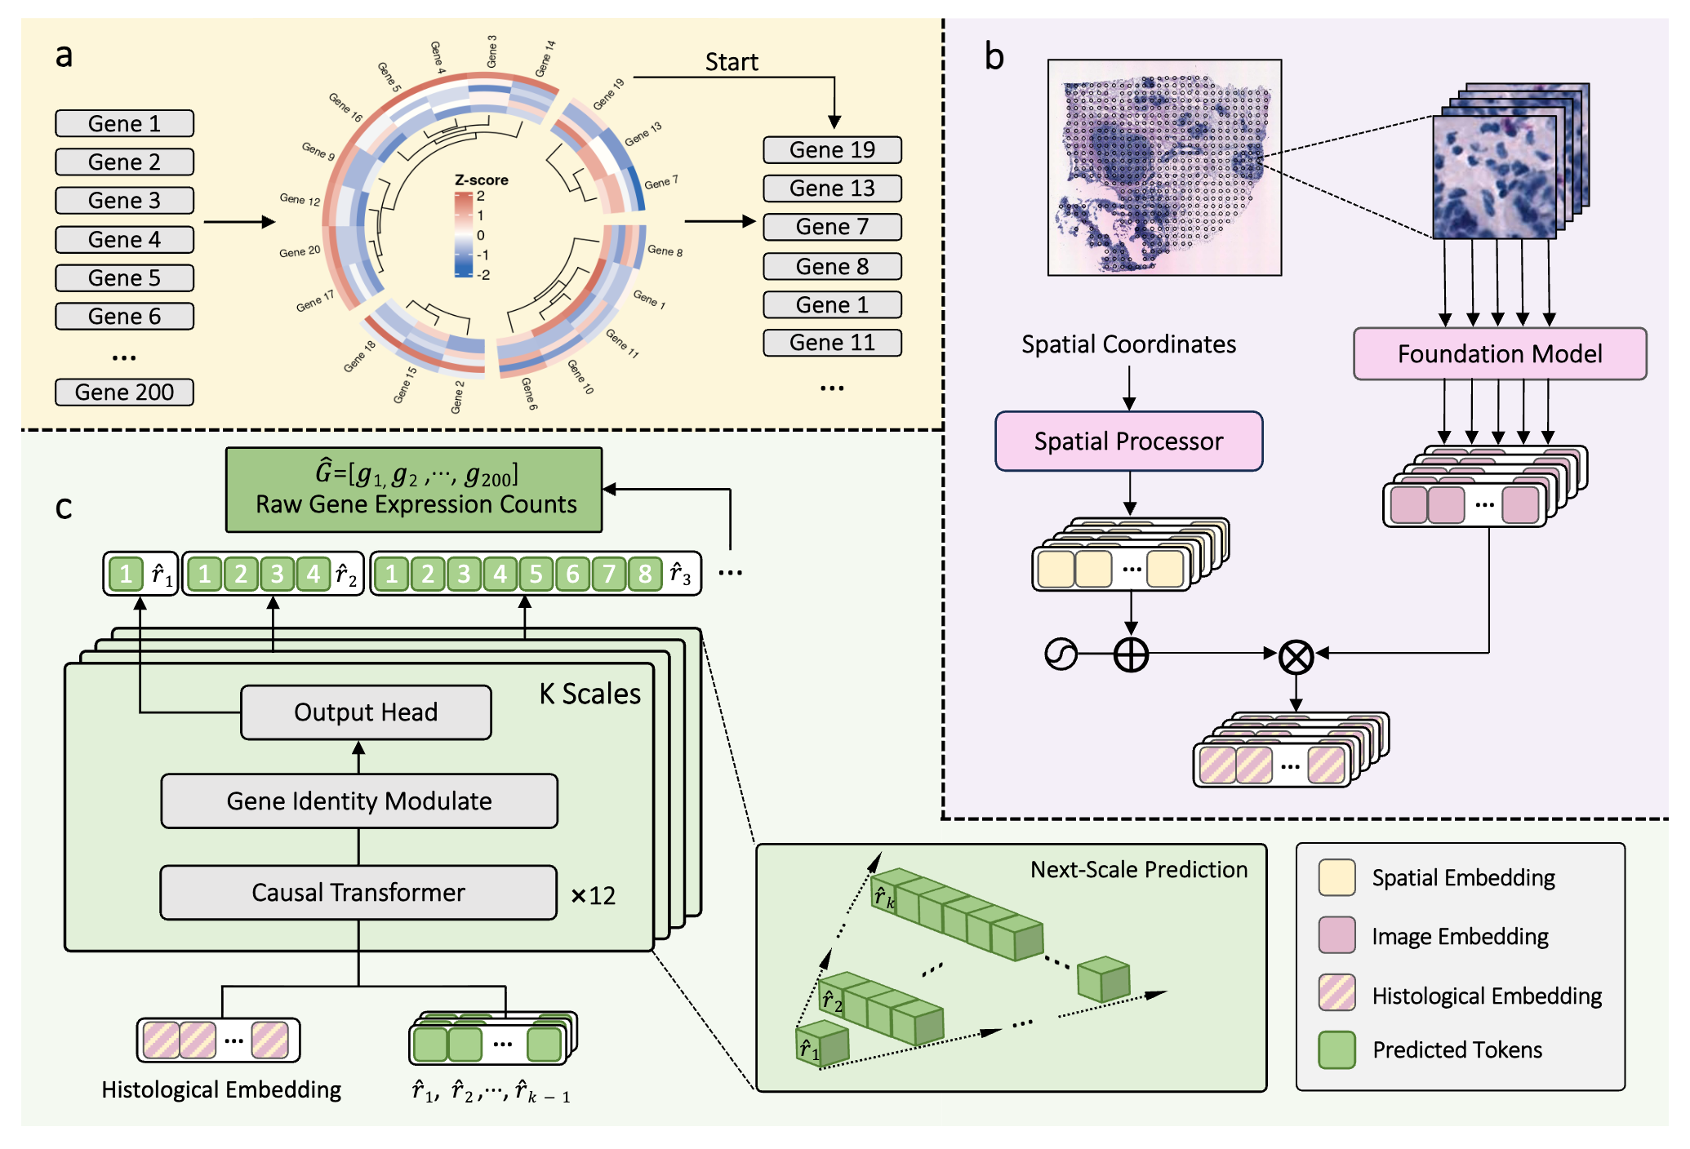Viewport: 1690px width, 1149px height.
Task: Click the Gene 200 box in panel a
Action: tap(124, 393)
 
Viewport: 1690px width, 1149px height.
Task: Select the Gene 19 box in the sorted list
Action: tap(832, 150)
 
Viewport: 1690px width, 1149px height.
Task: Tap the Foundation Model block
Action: tap(1500, 354)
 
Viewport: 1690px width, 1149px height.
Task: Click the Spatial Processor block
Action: tap(1128, 441)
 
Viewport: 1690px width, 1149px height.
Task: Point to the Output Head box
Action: tap(366, 712)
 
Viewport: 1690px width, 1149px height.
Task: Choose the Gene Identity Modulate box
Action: tap(359, 801)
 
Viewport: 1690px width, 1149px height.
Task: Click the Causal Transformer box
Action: tap(358, 893)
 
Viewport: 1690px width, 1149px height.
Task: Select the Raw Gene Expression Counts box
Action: tap(414, 490)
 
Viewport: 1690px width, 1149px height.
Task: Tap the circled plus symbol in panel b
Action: tap(1131, 654)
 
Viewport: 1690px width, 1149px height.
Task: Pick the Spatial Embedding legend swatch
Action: tap(1336, 878)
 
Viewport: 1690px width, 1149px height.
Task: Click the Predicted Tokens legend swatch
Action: tap(1336, 1050)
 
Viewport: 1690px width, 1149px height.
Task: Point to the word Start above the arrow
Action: tap(732, 62)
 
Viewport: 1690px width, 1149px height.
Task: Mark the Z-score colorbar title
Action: tap(481, 180)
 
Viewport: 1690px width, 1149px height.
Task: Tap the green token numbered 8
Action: tap(645, 574)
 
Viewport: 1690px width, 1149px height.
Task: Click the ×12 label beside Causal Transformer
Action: tap(594, 896)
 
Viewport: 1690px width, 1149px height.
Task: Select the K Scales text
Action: tap(589, 694)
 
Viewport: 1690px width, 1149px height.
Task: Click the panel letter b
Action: tap(994, 57)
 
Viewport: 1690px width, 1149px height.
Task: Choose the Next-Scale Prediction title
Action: tap(1138, 870)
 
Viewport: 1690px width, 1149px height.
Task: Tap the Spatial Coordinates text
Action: tap(1128, 344)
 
